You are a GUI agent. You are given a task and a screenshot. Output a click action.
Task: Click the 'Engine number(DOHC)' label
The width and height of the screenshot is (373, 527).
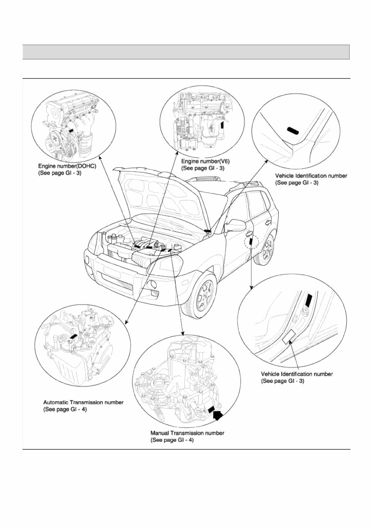tap(67, 167)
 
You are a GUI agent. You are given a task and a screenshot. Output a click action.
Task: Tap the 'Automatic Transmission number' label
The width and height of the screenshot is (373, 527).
tap(83, 402)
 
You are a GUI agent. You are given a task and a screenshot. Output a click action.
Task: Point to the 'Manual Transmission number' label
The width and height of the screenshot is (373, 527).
tap(187, 433)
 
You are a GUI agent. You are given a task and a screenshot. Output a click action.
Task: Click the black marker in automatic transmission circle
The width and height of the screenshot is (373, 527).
tap(74, 336)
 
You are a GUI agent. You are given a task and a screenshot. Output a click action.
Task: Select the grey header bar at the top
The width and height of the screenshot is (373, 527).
tap(186, 52)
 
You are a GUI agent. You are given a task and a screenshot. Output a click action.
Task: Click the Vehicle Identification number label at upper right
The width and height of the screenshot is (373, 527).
tap(311, 176)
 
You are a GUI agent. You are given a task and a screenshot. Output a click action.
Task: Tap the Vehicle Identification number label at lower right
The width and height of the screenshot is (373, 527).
tap(297, 374)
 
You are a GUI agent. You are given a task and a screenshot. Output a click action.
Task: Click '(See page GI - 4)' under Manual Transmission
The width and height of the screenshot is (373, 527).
tap(172, 440)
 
